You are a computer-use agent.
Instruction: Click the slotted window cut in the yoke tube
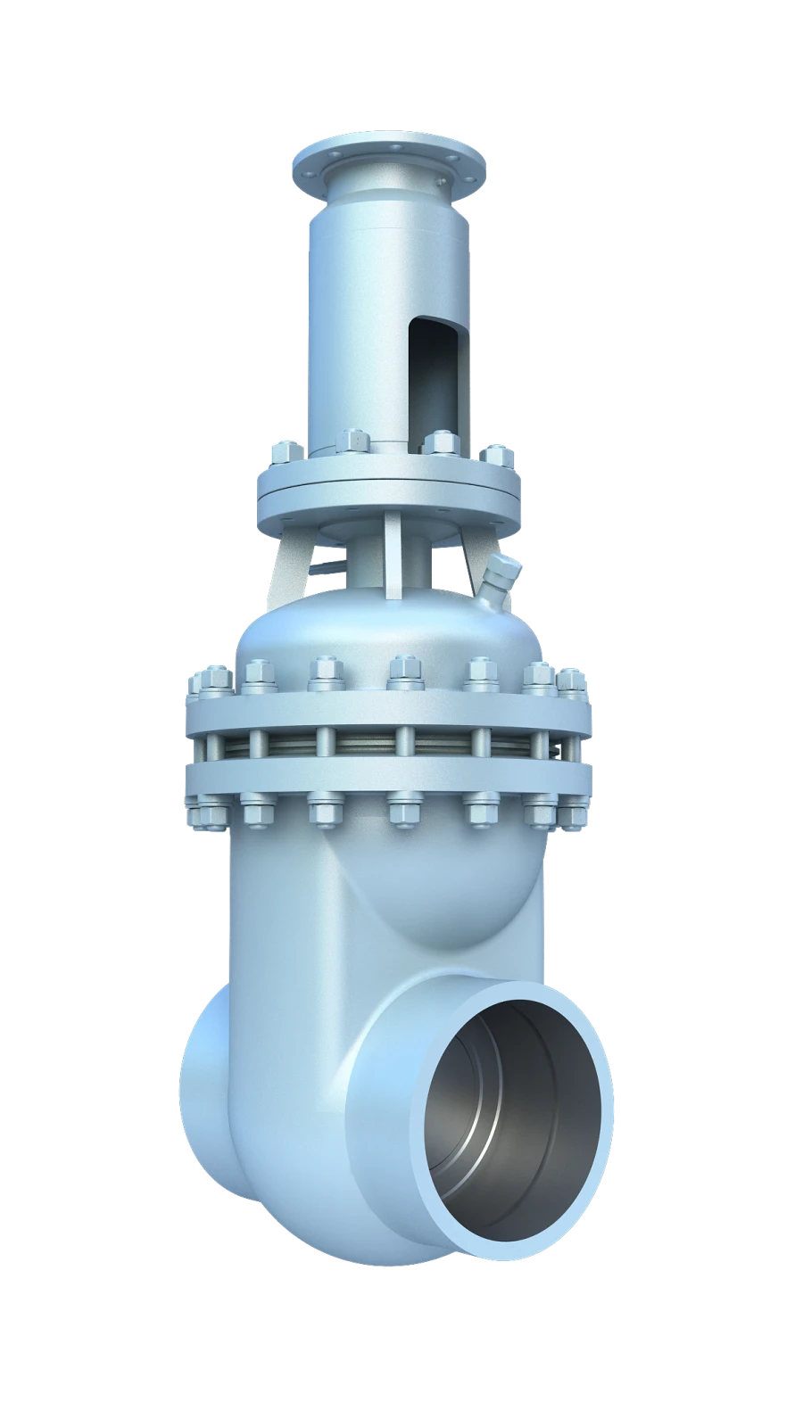[x=431, y=375]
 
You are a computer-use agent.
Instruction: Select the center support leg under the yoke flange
[x=393, y=557]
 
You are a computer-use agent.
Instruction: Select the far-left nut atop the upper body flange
[x=198, y=684]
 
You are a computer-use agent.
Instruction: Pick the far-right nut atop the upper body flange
[x=572, y=682]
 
